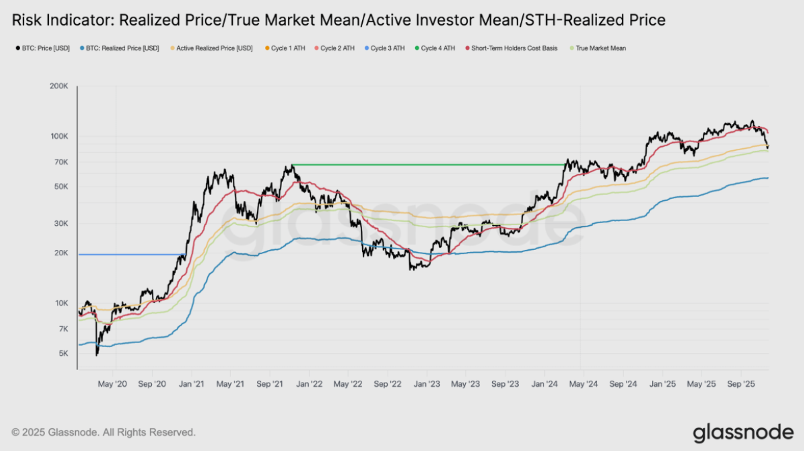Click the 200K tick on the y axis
coord(60,86)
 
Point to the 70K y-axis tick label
coord(61,162)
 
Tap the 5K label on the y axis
coord(63,353)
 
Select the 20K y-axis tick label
coord(61,253)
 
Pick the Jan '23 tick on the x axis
coord(426,384)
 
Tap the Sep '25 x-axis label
coord(741,384)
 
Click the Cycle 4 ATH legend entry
coord(438,48)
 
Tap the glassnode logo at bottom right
coord(742,432)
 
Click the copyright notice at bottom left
coord(104,433)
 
